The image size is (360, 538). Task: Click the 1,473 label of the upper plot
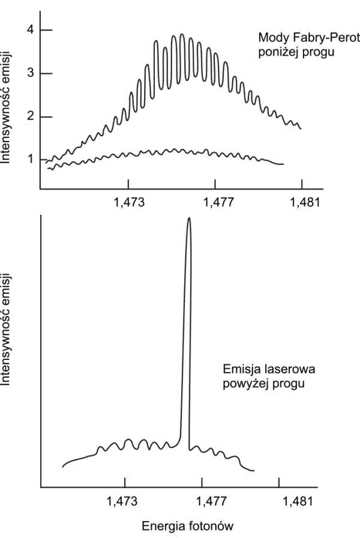tap(130, 202)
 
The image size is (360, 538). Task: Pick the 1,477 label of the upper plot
tap(215, 202)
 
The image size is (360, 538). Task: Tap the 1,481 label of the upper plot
tap(301, 202)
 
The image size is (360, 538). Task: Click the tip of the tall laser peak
tap(189, 218)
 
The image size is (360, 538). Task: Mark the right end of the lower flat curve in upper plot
tap(283, 164)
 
